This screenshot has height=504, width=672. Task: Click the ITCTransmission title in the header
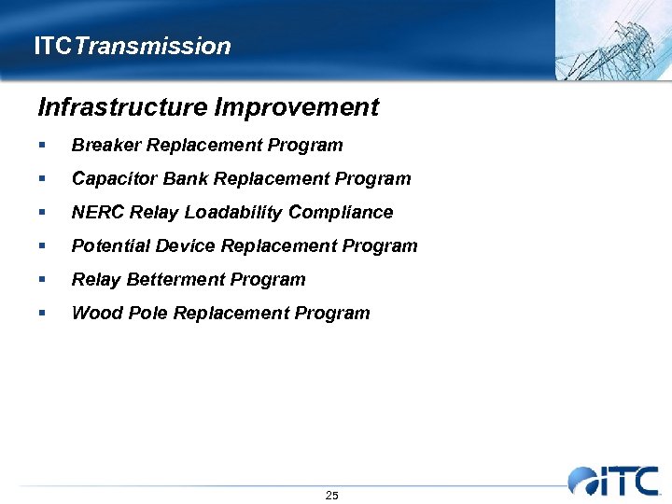click(x=132, y=46)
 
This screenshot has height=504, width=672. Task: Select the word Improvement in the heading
click(x=296, y=107)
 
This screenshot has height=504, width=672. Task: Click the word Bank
click(x=180, y=178)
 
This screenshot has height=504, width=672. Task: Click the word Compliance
click(x=341, y=213)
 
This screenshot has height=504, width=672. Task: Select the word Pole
click(x=141, y=313)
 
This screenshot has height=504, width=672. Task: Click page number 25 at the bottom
click(x=331, y=495)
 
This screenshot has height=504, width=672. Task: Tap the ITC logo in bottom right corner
click(x=613, y=480)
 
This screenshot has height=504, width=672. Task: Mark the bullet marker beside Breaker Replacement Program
click(x=43, y=146)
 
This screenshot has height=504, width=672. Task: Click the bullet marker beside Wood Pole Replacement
click(x=43, y=314)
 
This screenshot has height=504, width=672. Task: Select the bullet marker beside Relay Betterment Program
click(x=43, y=280)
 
